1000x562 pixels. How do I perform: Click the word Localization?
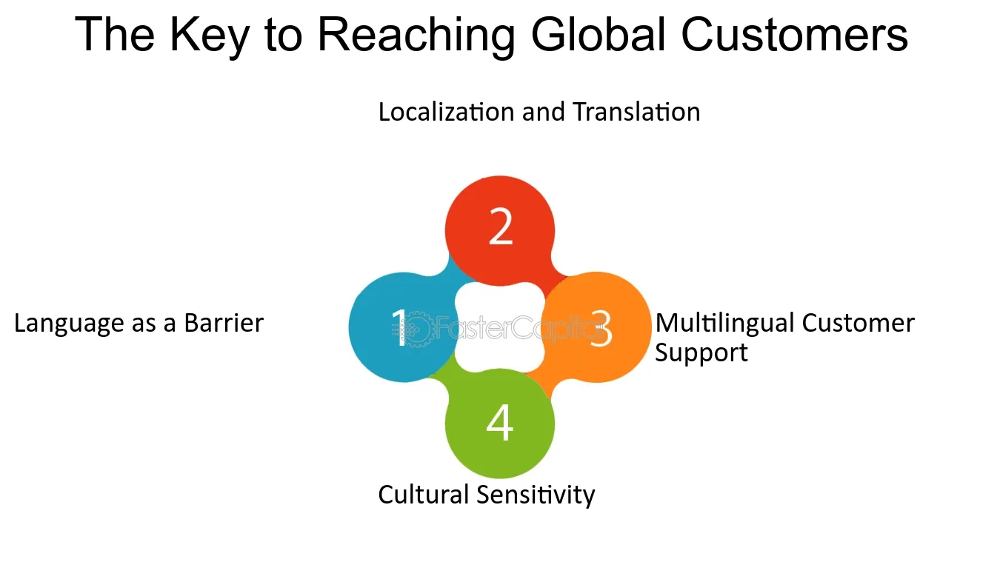[x=447, y=112]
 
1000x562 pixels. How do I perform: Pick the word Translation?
[x=636, y=112]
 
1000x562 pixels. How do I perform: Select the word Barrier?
[x=224, y=324]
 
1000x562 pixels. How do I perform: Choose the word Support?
[x=701, y=352]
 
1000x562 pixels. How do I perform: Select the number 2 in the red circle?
[x=501, y=227]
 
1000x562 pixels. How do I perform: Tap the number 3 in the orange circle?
[x=600, y=328]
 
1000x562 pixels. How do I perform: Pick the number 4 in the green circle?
[x=500, y=424]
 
